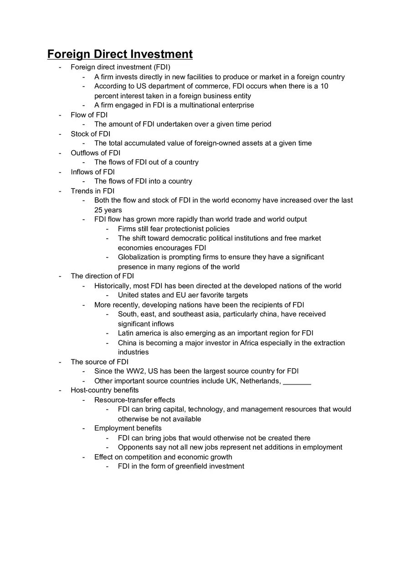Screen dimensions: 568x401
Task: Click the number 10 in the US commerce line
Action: tap(324, 86)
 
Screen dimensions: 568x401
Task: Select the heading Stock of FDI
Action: tap(90, 134)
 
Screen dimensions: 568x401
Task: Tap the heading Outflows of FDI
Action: tap(95, 153)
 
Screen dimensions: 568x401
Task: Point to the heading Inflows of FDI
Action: tap(93, 172)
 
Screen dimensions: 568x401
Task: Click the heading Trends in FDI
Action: tap(93, 191)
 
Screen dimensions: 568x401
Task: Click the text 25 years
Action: tap(108, 210)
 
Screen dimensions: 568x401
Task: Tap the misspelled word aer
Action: tap(200, 295)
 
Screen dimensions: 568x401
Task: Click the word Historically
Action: tap(113, 286)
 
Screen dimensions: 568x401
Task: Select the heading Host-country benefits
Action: tap(104, 390)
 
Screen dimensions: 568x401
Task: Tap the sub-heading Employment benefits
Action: tap(128, 428)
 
